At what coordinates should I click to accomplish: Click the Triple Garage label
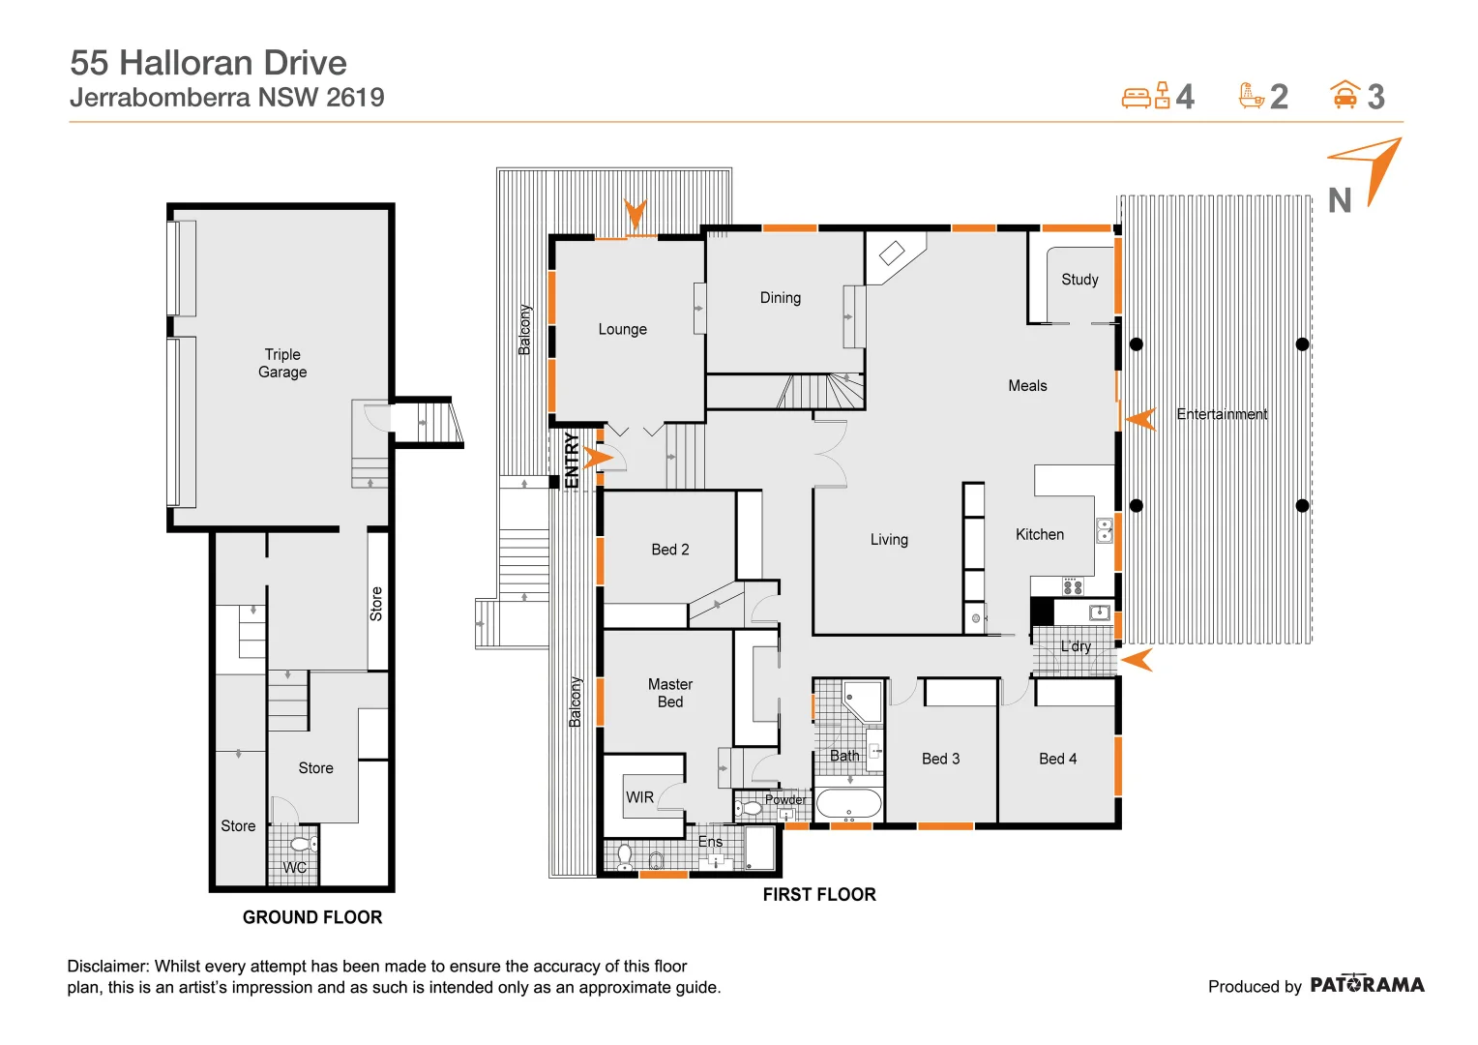(282, 363)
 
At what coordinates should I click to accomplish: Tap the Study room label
(1079, 280)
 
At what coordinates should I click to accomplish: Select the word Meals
(1027, 386)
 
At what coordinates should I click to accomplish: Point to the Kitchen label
(1040, 534)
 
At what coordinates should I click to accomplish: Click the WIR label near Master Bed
(639, 797)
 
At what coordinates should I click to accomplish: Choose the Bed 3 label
(940, 759)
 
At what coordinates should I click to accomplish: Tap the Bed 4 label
(1057, 759)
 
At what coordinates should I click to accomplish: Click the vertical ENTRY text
(572, 461)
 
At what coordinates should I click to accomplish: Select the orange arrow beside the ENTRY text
(598, 457)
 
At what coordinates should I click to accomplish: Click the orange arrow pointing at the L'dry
(1138, 661)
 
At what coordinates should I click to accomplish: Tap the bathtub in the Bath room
(848, 804)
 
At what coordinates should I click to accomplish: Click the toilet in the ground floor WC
(302, 845)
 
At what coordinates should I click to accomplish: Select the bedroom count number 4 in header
(1185, 97)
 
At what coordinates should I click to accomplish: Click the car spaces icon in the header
(1345, 95)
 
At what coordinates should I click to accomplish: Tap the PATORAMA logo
(1367, 985)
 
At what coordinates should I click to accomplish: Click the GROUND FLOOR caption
(312, 917)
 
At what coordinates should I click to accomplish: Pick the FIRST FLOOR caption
(819, 895)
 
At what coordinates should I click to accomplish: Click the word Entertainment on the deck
(1222, 414)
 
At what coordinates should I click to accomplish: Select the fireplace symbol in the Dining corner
(891, 254)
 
